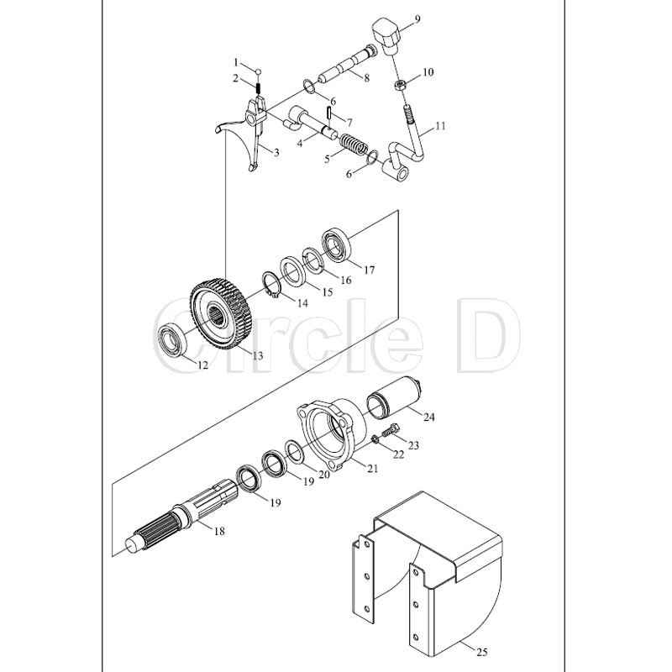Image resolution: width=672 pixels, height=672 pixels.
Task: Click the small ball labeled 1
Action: [x=259, y=71]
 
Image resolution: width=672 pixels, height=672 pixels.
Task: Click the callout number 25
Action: [x=481, y=653]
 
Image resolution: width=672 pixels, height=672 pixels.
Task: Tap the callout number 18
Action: [x=219, y=532]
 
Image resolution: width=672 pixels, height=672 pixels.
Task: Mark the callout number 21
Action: [x=373, y=469]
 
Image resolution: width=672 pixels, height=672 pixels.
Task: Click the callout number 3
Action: [x=276, y=152]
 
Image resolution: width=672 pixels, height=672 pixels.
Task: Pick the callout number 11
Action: [x=440, y=126]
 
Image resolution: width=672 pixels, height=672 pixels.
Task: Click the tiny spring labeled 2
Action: [x=259, y=88]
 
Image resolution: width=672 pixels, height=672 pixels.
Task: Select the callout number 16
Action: [x=345, y=280]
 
